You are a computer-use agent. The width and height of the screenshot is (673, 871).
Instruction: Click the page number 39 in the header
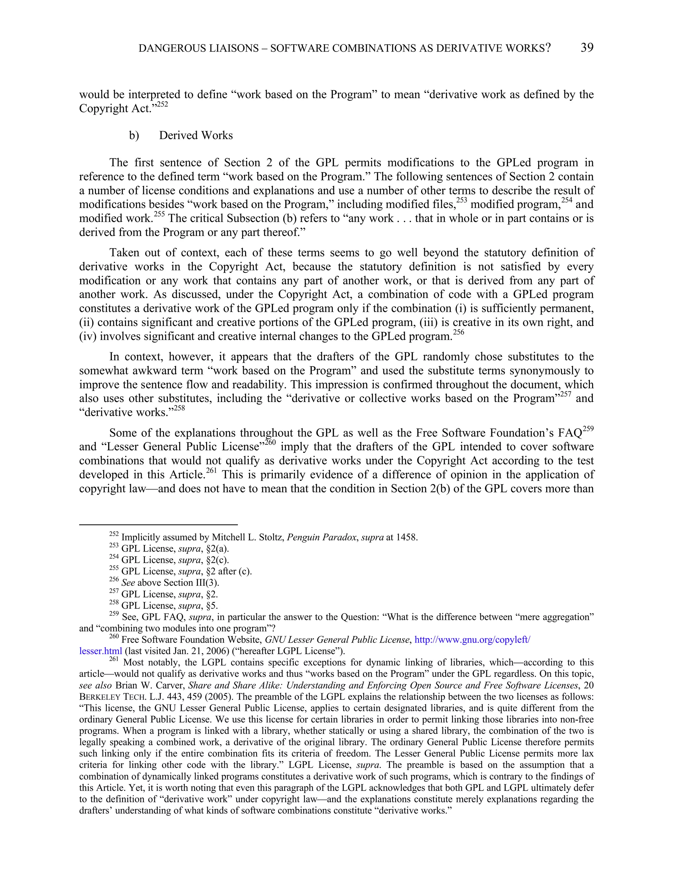(x=587, y=48)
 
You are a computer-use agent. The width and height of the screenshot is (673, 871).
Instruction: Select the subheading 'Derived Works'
(x=196, y=136)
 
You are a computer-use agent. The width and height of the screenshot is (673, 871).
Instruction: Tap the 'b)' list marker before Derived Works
(x=134, y=136)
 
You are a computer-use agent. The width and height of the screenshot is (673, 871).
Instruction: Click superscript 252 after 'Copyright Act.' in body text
(x=162, y=105)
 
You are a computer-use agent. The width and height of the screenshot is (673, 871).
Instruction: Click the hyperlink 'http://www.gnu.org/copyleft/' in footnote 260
(x=473, y=640)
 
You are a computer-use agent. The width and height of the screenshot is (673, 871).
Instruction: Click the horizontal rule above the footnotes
(x=158, y=525)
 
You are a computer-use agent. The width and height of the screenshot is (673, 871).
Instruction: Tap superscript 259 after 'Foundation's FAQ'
(x=588, y=429)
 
